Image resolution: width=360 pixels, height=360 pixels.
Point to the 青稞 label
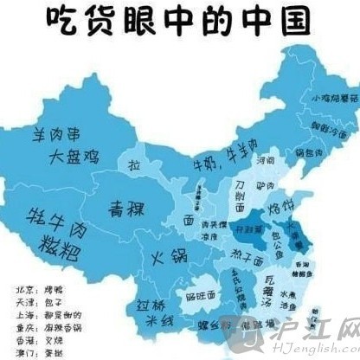pos(126,209)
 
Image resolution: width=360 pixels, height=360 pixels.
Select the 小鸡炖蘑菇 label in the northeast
pos(333,99)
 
